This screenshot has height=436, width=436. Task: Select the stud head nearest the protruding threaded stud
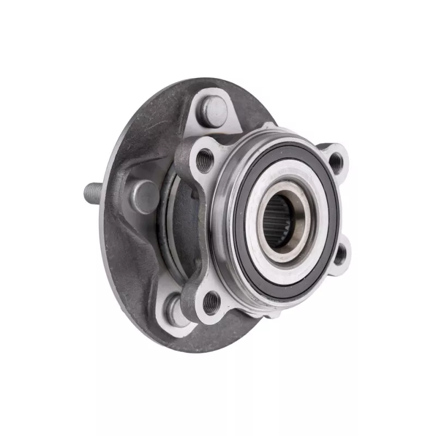pyautogui.click(x=145, y=196)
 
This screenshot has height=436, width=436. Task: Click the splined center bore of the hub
pyautogui.click(x=281, y=221)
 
